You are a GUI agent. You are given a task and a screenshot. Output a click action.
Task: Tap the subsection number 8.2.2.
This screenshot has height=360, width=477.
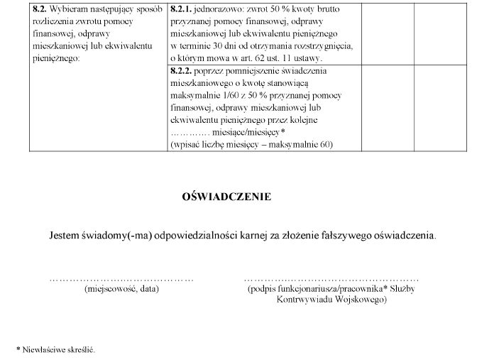point(181,71)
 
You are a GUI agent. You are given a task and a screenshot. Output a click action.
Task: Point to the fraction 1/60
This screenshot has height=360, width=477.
point(233,96)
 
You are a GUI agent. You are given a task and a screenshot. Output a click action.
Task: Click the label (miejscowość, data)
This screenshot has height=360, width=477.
point(121,290)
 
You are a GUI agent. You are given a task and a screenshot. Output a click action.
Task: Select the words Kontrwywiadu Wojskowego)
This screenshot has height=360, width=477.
point(331,300)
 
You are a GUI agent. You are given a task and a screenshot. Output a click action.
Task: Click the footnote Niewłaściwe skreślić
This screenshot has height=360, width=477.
point(59,349)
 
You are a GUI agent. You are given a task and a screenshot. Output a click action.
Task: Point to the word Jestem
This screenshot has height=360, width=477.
point(65,235)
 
